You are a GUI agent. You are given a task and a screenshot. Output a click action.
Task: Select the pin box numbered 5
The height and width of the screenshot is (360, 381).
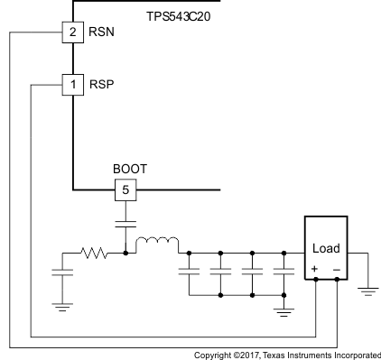pos(126,190)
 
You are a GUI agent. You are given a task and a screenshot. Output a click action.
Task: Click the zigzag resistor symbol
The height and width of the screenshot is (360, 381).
pos(94,254)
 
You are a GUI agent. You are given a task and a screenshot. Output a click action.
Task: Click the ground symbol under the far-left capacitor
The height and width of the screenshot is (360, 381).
pos(62,306)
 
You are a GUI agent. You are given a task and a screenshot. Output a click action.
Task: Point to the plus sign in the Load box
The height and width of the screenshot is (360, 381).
pos(314,268)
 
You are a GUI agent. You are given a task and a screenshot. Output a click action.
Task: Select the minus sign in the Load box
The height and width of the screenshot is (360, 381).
pos(336,268)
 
